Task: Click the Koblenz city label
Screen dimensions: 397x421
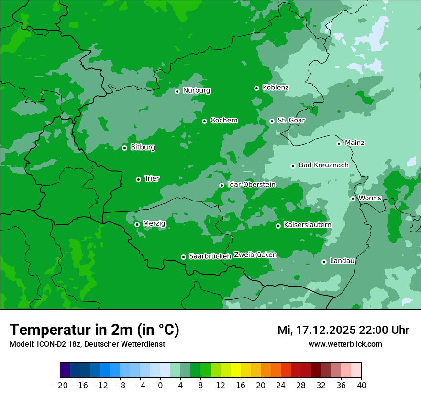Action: click(x=276, y=88)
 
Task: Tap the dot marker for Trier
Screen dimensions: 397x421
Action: click(x=138, y=179)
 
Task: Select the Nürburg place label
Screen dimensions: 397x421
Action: click(x=196, y=90)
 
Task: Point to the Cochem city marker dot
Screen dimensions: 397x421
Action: click(x=204, y=121)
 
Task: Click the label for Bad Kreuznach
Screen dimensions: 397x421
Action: click(x=323, y=165)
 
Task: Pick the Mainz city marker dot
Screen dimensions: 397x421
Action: click(x=339, y=143)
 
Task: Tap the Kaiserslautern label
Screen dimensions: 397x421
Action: click(x=307, y=225)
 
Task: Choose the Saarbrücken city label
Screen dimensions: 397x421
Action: click(x=210, y=256)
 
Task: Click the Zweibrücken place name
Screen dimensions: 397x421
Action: click(x=255, y=255)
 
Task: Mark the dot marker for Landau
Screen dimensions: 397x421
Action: click(x=324, y=262)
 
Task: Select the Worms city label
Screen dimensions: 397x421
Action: click(x=370, y=198)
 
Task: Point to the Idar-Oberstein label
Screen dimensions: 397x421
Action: click(x=251, y=184)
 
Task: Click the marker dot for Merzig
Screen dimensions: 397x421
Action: click(x=137, y=224)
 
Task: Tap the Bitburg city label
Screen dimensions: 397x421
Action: click(x=143, y=147)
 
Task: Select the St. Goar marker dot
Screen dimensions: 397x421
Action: click(x=272, y=121)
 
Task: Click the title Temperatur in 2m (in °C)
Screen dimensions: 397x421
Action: click(x=94, y=330)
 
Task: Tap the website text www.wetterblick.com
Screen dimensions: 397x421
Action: click(x=345, y=344)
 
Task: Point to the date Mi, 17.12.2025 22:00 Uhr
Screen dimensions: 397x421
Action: click(x=343, y=330)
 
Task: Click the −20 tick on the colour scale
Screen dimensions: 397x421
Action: click(x=60, y=386)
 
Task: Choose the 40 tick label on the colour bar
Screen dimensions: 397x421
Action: click(x=361, y=386)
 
